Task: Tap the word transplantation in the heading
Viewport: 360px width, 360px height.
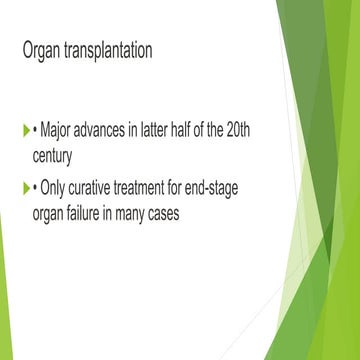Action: pos(109,50)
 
